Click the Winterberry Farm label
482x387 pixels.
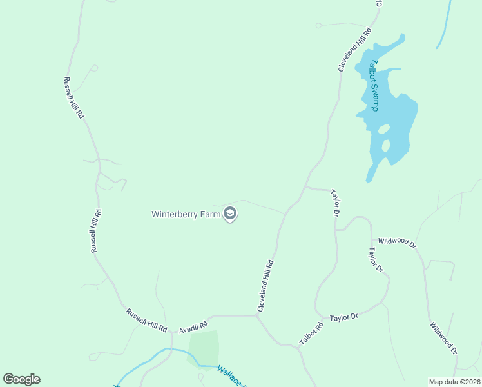point(186,214)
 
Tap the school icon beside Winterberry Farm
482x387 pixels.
point(229,214)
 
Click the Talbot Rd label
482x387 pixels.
point(311,332)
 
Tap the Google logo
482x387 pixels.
point(21,379)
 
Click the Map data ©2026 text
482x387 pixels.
point(454,382)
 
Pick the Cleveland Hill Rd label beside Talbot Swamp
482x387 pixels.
point(355,49)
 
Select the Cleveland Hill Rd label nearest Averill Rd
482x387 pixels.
point(266,286)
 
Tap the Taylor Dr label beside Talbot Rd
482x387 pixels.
point(343,317)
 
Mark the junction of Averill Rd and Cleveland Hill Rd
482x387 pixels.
point(258,317)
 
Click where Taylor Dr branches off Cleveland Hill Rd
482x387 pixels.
point(305,188)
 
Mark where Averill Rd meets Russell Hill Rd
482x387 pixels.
point(172,332)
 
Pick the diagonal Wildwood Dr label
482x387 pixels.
point(444,337)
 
